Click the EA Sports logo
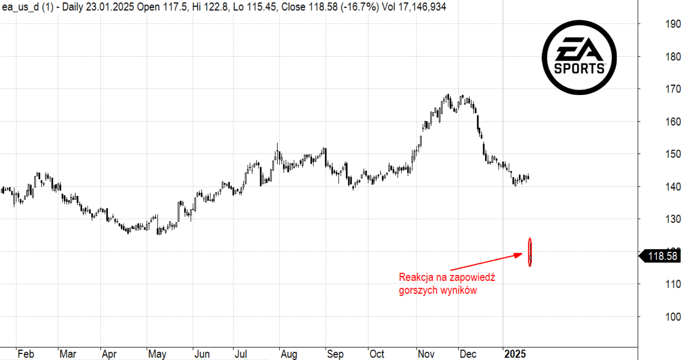[x=579, y=57]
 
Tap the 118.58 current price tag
[x=662, y=256]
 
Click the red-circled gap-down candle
[x=530, y=252]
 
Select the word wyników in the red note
[x=461, y=290]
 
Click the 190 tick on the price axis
[x=673, y=24]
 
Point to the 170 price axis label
[x=673, y=89]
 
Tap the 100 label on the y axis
[x=673, y=317]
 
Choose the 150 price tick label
[x=673, y=154]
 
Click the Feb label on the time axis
[x=26, y=354]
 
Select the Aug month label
[x=289, y=354]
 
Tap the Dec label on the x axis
[x=468, y=354]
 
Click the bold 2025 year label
[x=515, y=354]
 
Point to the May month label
[x=157, y=354]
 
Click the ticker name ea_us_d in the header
[x=20, y=7]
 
